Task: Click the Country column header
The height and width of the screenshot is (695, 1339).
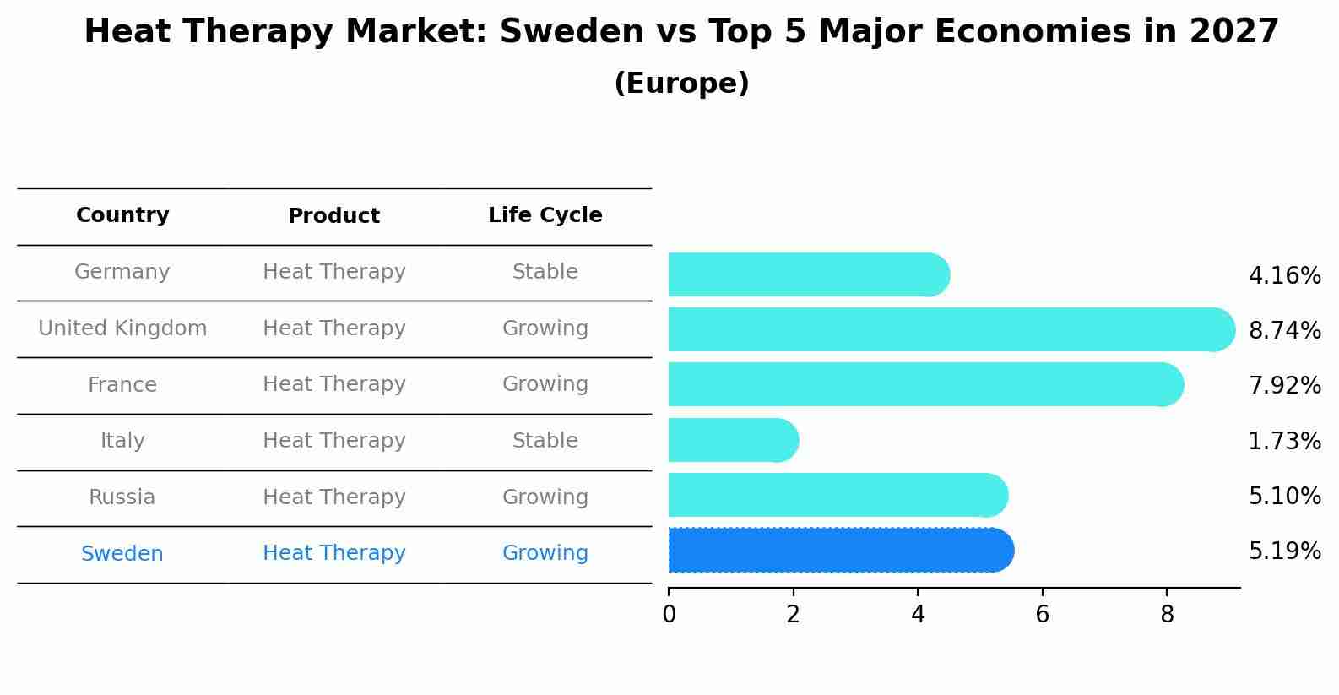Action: coord(122,215)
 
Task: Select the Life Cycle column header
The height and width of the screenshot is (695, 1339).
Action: coord(545,215)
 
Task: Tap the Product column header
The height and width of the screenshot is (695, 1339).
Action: coord(333,216)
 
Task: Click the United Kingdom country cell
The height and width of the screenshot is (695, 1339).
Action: coord(122,328)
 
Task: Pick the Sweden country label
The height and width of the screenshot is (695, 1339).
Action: coord(122,554)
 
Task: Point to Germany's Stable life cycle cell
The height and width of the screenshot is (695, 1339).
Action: coord(545,272)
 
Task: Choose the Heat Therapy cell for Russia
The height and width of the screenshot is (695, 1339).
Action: coord(333,497)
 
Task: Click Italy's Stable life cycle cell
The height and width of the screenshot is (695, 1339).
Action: coord(545,441)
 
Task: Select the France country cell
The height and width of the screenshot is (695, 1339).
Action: coord(122,385)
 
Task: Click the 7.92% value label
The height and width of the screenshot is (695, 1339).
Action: coord(1284,386)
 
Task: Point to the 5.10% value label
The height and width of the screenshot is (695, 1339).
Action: coord(1284,496)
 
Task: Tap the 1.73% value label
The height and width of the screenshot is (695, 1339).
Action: coord(1284,441)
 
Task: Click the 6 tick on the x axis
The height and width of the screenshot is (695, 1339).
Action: coord(1042,615)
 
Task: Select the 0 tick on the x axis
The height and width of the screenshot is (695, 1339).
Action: coord(669,615)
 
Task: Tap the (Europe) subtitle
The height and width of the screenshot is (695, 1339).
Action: coord(681,84)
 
